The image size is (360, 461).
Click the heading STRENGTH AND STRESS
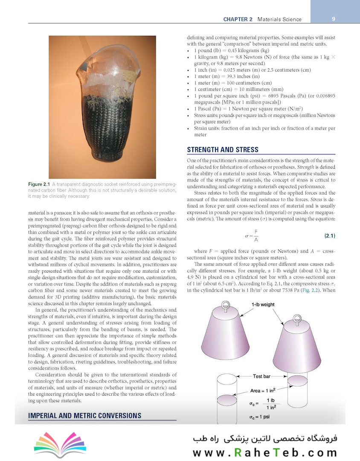click(x=223, y=149)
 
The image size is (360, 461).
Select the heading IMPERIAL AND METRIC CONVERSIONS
click(x=84, y=415)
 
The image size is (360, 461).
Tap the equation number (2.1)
click(x=327, y=236)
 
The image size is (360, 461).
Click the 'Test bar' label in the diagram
click(x=263, y=376)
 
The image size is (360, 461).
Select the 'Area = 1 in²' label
click(x=264, y=391)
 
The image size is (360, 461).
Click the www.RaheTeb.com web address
click(x=264, y=452)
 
